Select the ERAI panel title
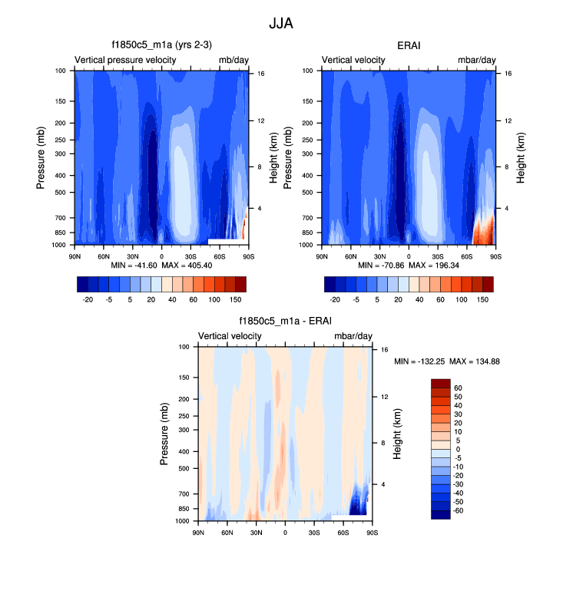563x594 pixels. tap(409, 45)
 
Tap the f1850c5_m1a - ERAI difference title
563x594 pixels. tap(284, 322)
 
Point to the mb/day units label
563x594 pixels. tap(233, 60)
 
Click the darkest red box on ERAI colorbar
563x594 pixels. tap(487, 285)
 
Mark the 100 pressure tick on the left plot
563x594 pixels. tap(60, 71)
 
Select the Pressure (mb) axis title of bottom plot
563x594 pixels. tap(164, 434)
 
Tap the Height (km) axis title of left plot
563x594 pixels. tap(273, 157)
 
